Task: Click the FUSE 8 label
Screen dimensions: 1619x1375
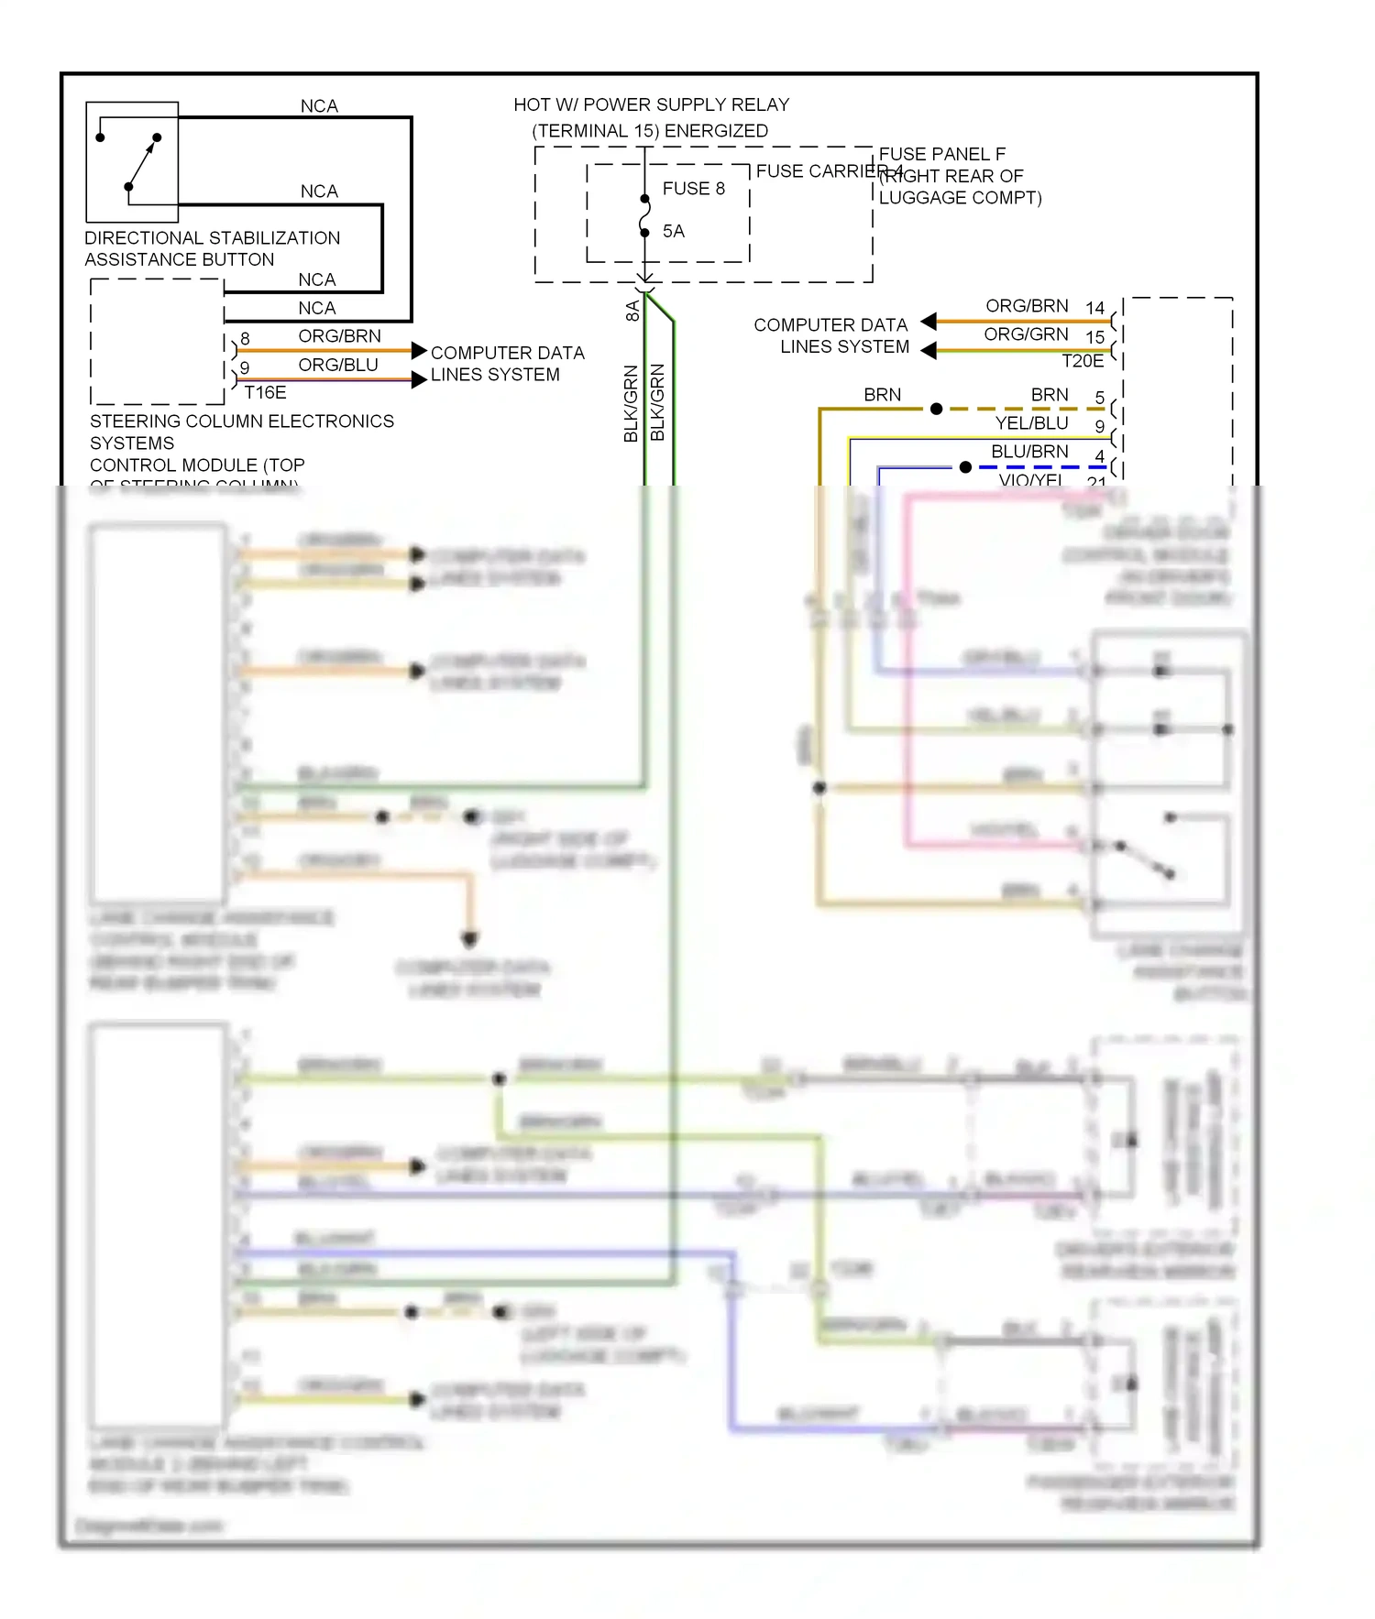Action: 693,189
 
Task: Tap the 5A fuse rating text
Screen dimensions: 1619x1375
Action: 674,232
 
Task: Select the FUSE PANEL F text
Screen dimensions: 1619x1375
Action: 941,154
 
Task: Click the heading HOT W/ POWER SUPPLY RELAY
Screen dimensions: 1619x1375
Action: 651,105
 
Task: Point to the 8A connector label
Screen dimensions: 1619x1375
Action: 632,312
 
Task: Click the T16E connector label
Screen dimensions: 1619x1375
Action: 265,392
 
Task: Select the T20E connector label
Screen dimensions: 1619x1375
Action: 1082,361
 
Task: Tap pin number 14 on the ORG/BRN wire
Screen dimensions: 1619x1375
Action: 1094,308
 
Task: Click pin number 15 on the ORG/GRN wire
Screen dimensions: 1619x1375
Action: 1094,337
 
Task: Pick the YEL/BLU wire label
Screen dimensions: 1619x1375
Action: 1031,423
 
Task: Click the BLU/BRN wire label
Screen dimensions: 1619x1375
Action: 1029,452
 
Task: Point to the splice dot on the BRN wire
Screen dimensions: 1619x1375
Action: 936,409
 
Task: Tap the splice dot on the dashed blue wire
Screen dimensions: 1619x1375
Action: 965,467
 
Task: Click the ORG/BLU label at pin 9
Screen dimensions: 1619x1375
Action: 337,365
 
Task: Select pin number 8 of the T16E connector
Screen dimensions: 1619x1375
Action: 245,339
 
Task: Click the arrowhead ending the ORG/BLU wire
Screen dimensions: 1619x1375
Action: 419,379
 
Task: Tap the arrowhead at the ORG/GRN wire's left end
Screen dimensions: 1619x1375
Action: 929,350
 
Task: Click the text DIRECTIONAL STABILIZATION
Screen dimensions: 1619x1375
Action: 212,238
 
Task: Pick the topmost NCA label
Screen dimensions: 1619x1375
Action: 319,106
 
